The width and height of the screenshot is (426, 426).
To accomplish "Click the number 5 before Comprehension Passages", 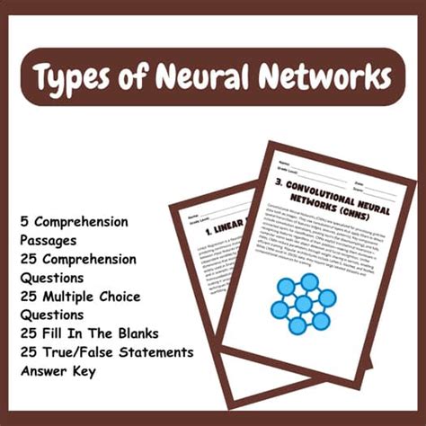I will pos(24,222).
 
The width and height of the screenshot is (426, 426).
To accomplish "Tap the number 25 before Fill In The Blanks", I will pos(30,333).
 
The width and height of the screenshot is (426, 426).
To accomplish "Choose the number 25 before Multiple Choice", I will pos(30,297).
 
